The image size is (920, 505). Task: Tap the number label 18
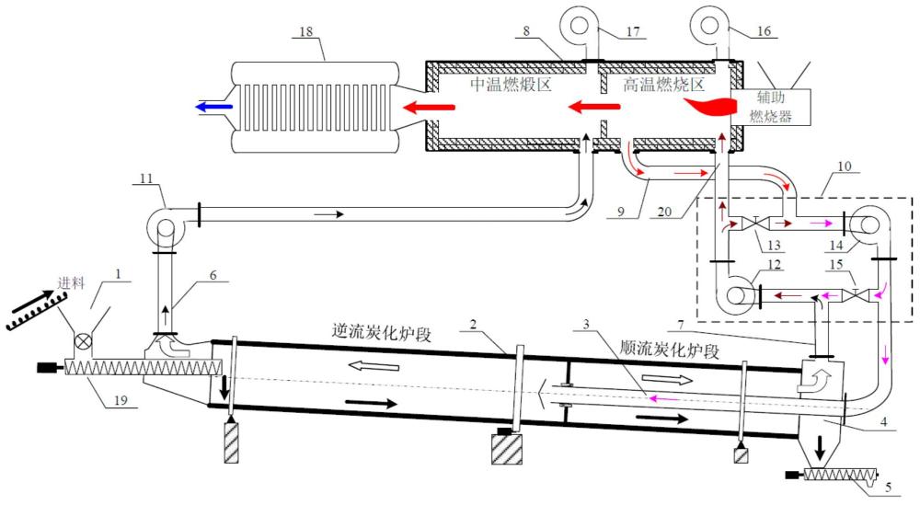pyautogui.click(x=305, y=32)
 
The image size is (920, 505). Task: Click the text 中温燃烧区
pyautogui.click(x=510, y=85)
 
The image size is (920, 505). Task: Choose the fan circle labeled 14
pyautogui.click(x=865, y=223)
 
